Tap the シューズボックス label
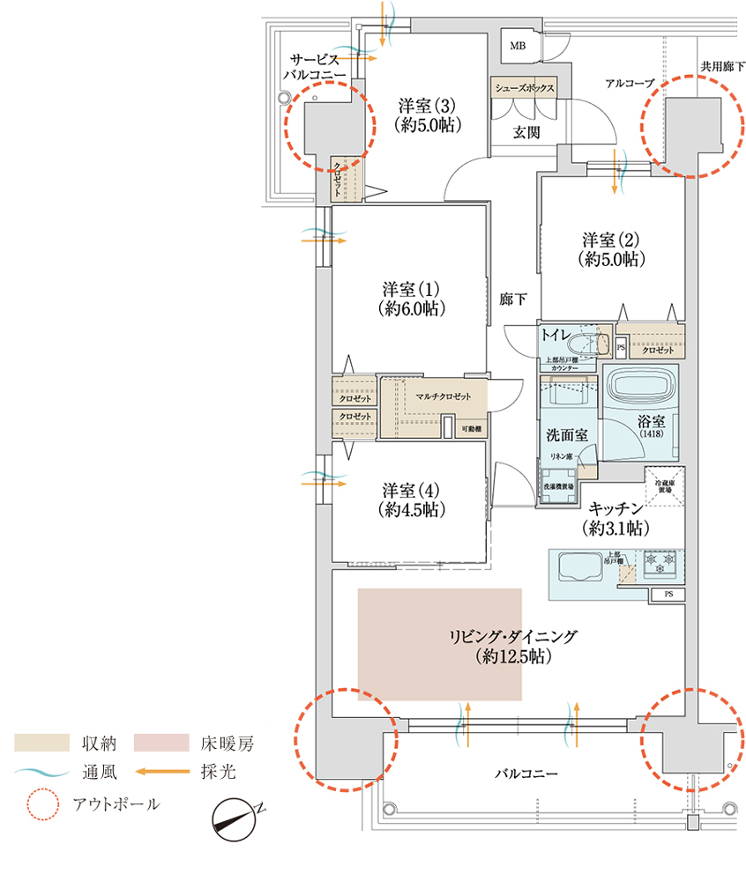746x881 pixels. coord(525,88)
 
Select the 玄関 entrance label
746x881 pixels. coord(526,132)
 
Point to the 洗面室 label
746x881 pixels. coord(568,434)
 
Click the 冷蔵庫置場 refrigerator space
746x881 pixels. coord(665,484)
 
